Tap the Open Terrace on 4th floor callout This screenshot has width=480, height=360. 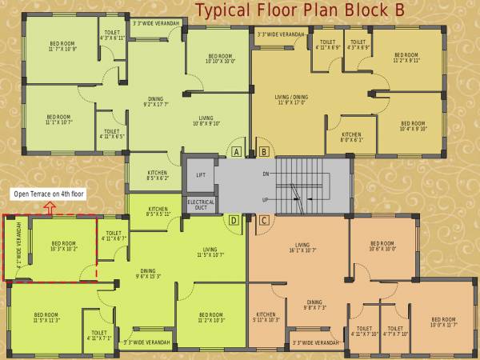pos(49,194)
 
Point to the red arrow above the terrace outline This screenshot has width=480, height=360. pos(50,207)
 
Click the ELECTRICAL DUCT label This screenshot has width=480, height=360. pos(201,205)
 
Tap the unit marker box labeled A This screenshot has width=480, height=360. pos(236,151)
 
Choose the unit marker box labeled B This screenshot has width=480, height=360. pos(264,151)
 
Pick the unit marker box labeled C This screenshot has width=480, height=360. pos(264,220)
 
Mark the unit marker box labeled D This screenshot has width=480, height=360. pos(234,220)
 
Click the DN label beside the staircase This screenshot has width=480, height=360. pos(266,173)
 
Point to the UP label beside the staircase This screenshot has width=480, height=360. pos(266,199)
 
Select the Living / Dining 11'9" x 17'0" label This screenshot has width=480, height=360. pos(290,99)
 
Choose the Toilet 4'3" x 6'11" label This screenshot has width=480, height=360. pos(112,35)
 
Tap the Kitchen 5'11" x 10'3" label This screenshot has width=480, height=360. pos(266,317)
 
